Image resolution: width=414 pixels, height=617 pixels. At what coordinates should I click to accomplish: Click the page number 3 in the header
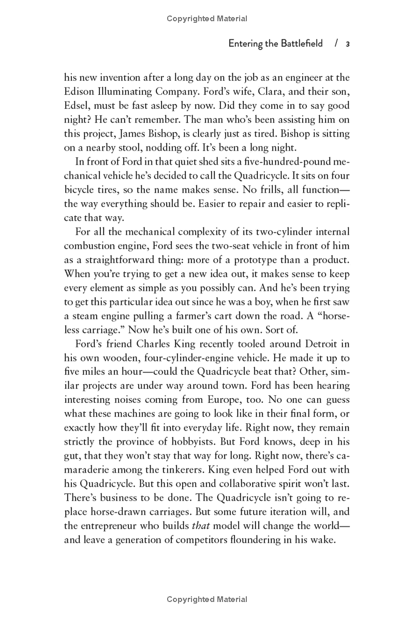(x=348, y=44)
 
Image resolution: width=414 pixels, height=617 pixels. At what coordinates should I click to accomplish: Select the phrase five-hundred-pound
(x=292, y=161)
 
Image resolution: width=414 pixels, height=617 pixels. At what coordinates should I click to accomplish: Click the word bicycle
(x=81, y=189)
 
